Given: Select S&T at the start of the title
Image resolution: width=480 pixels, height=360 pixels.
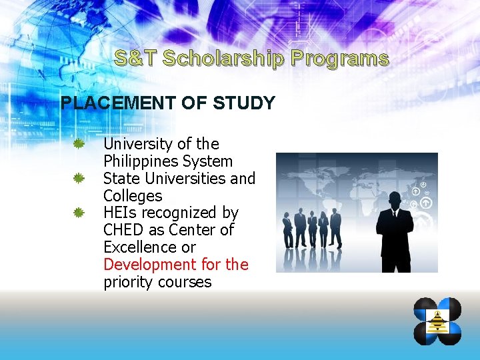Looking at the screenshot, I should pos(135,59).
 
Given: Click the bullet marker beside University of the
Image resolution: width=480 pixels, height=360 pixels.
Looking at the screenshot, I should pos(78,144).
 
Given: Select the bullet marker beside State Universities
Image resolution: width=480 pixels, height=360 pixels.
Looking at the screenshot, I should pos(78,179).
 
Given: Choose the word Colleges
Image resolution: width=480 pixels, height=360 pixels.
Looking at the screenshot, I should pos(133,196).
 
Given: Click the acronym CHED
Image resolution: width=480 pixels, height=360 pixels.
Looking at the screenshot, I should pos(123,231).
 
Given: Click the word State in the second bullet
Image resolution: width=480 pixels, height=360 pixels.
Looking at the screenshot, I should pos(119,179).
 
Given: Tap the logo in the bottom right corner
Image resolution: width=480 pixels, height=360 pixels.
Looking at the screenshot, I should pos(437,321).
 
